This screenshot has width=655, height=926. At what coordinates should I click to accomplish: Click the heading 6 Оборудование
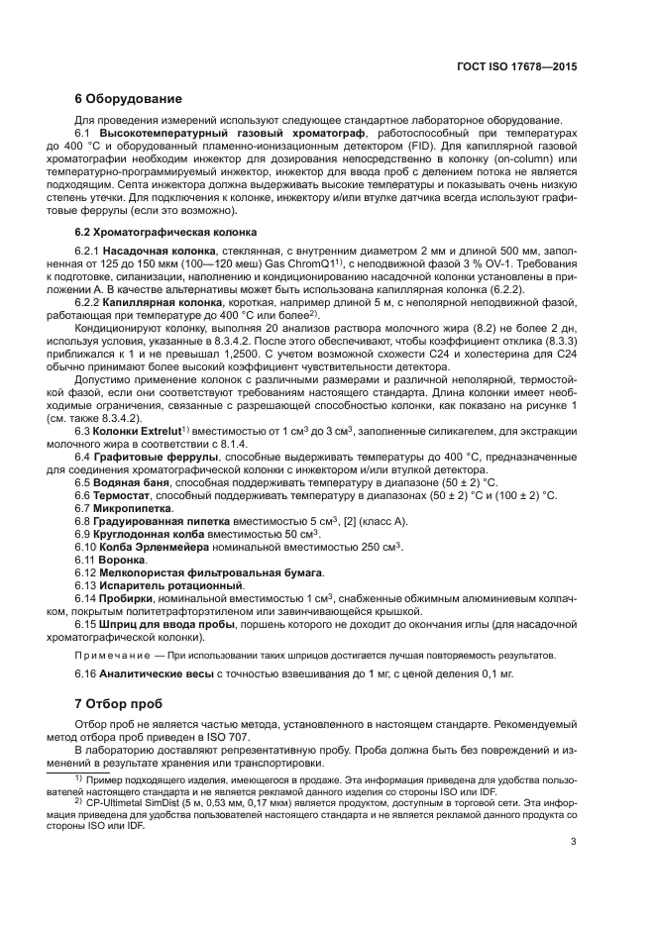click(129, 99)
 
